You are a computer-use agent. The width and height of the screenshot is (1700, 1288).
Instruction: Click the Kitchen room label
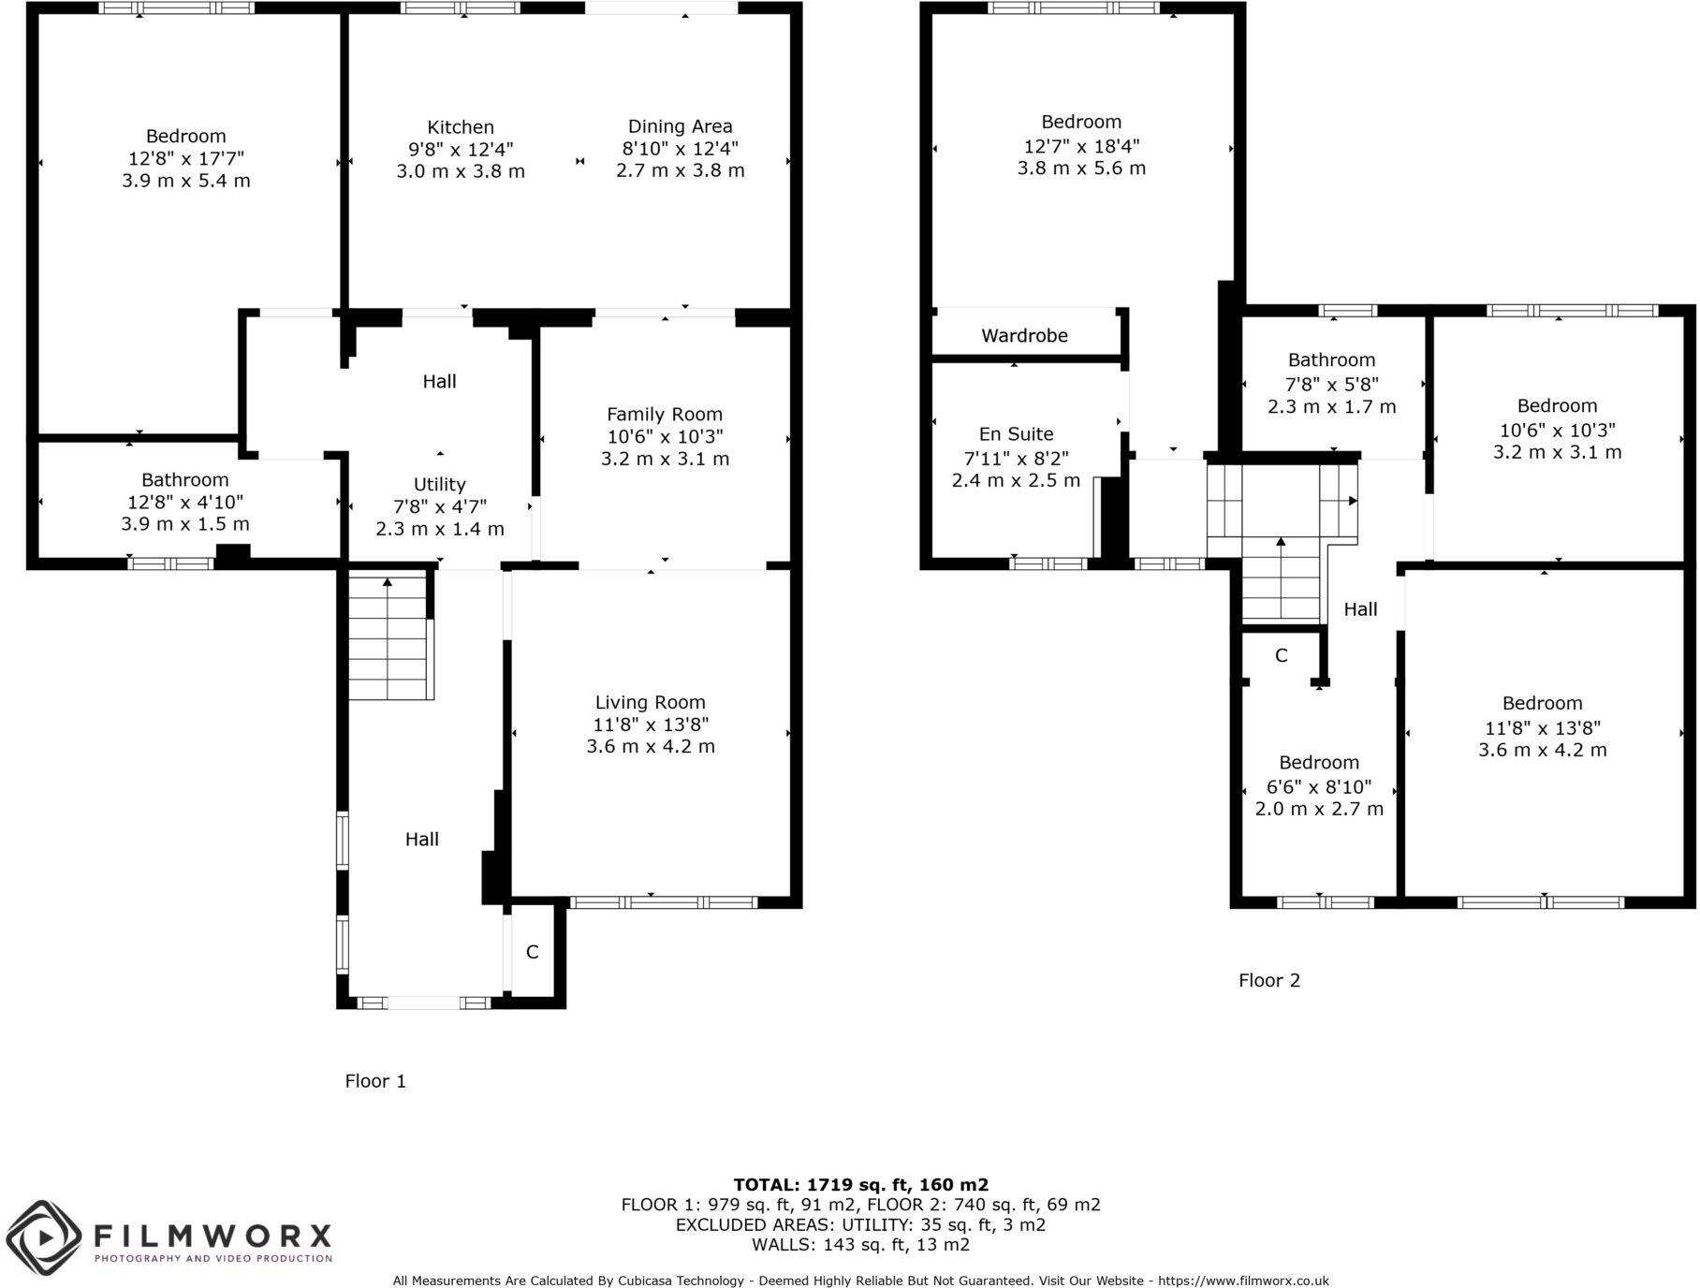(x=460, y=127)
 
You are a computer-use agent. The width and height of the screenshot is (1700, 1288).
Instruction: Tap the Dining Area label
(x=680, y=126)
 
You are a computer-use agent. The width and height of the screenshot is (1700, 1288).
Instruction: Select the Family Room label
(x=665, y=414)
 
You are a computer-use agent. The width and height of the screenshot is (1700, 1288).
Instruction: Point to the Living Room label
(x=650, y=702)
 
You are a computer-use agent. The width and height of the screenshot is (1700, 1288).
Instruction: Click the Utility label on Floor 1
(x=439, y=484)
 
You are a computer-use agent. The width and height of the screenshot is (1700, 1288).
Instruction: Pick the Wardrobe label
(x=1024, y=335)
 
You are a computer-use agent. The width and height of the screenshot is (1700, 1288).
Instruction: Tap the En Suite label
(x=1016, y=433)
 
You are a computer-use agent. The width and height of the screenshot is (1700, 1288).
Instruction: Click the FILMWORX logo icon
(x=43, y=1238)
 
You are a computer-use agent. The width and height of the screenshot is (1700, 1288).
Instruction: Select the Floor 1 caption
(x=375, y=1081)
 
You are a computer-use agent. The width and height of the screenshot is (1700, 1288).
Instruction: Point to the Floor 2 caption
(x=1268, y=980)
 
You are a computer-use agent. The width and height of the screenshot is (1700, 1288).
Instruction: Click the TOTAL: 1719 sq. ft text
(x=860, y=1184)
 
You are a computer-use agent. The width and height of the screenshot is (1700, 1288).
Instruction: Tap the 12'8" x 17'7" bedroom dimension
(x=185, y=158)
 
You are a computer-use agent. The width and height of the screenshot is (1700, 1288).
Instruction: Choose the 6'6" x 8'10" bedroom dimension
(x=1318, y=786)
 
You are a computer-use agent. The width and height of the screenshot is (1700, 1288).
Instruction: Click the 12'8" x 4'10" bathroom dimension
(x=184, y=503)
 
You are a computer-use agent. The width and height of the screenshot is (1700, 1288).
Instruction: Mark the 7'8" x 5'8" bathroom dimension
(x=1331, y=384)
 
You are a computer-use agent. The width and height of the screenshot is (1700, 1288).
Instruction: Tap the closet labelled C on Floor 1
(x=532, y=952)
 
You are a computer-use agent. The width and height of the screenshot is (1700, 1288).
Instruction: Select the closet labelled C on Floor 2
(x=1281, y=655)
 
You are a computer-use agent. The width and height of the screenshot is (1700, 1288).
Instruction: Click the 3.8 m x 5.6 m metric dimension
(x=1081, y=168)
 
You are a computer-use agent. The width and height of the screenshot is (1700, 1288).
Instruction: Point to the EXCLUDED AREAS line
(x=860, y=1224)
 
